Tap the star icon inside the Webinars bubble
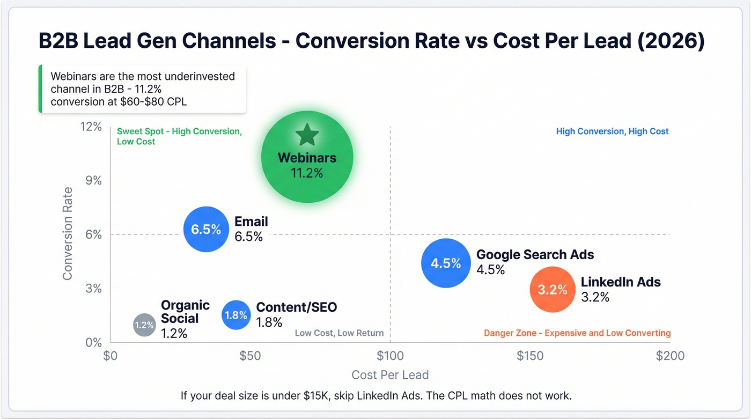coord(307,135)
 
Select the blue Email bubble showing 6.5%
coord(206,229)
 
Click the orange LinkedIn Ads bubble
coord(553,290)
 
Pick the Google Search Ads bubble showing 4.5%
coord(446,263)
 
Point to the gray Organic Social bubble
coord(144,325)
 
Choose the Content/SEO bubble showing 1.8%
coord(235,315)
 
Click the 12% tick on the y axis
coord(91,127)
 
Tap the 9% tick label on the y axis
coord(93,180)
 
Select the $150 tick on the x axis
coord(530,356)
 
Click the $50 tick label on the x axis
coord(250,356)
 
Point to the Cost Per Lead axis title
coord(390,375)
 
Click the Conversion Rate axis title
coord(68,233)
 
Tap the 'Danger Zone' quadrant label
coord(577,333)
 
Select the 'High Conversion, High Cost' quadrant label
coord(612,131)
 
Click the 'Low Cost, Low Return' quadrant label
coord(339,333)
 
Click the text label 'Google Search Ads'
coord(535,255)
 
